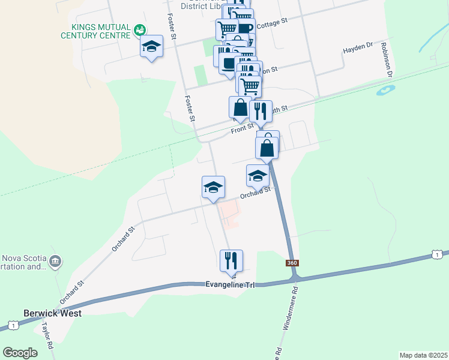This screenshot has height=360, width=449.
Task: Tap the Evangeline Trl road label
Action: [231, 284]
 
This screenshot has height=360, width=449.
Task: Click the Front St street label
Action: [243, 128]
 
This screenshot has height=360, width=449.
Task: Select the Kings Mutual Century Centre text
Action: [96, 31]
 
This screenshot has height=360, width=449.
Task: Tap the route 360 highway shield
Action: [292, 263]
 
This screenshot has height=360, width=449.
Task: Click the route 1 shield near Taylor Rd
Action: [12, 325]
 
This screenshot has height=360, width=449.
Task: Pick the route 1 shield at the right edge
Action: [437, 255]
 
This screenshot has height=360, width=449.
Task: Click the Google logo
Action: [20, 353]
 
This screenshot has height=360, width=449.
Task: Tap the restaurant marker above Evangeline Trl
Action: [231, 261]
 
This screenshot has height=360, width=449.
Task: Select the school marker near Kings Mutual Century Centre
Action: [152, 47]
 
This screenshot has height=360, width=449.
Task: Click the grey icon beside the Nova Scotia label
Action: [56, 262]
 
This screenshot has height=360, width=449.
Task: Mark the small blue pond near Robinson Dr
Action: [385, 91]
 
